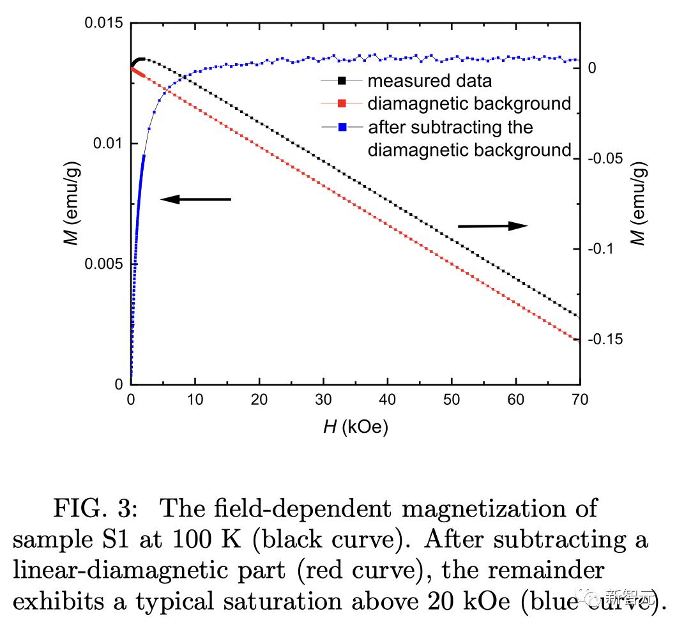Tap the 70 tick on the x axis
point(580,400)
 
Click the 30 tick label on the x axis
point(323,400)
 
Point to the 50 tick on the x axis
point(452,400)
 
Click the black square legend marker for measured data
point(342,81)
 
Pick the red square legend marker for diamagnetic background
point(342,103)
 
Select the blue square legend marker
point(342,127)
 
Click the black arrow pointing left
point(195,200)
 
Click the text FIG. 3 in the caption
point(94,509)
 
